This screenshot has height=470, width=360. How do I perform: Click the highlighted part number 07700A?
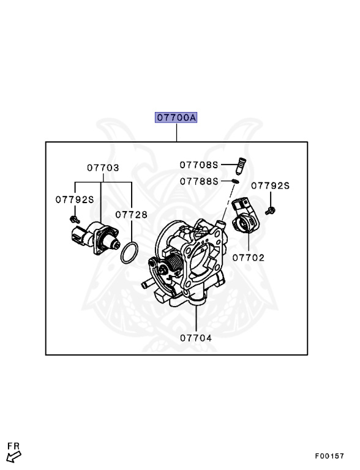[176, 117]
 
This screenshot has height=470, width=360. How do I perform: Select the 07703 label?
[102, 167]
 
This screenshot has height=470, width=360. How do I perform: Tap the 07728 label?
[132, 214]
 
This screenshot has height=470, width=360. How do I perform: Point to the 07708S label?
[199, 165]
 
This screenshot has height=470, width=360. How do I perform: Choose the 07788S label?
[199, 181]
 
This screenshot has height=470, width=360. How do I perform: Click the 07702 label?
[248, 258]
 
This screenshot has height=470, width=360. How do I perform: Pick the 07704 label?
[195, 337]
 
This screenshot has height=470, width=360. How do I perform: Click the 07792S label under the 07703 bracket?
[75, 199]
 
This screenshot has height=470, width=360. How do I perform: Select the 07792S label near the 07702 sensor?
[271, 185]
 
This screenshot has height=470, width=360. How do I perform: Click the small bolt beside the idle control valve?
[74, 218]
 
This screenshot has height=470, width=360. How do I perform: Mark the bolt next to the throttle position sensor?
[272, 211]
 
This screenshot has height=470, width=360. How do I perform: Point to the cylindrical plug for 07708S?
[241, 165]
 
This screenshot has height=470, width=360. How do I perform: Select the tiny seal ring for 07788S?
[235, 181]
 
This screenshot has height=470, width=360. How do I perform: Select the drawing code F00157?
[329, 456]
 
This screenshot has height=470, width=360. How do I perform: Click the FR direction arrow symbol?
[14, 455]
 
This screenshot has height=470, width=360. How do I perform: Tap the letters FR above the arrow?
[13, 445]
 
